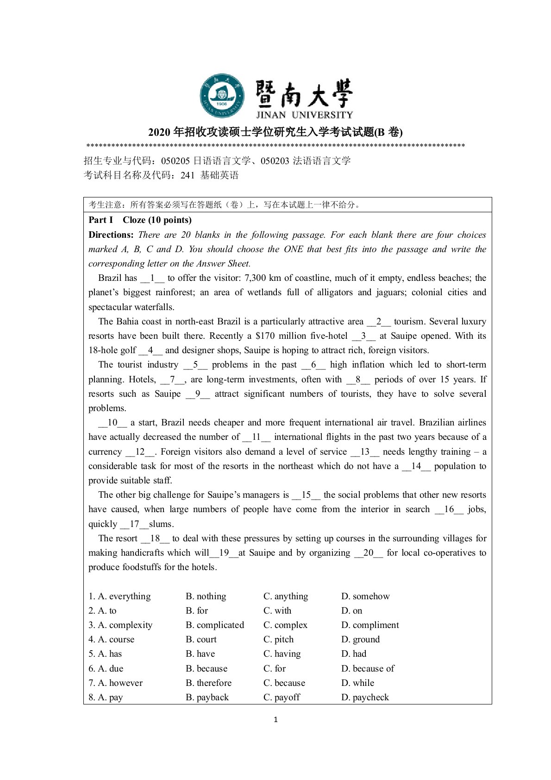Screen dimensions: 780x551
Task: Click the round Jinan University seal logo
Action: click(222, 95)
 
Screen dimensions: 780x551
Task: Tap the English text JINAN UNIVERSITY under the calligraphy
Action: click(304, 114)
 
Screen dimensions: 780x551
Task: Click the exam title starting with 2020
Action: click(275, 133)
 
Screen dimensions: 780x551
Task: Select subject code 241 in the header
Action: click(188, 175)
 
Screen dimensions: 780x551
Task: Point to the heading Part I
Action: click(101, 220)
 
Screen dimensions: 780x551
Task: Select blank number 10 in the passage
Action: click(113, 423)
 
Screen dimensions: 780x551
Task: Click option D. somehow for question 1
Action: click(365, 596)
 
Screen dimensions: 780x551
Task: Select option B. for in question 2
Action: click(197, 611)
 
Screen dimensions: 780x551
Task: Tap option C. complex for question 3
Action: click(285, 625)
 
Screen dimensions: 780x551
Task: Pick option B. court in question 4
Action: click(201, 640)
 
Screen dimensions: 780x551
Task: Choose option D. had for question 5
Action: click(354, 654)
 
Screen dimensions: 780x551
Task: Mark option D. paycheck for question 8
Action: click(365, 698)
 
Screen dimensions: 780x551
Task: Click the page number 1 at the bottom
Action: click(276, 720)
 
